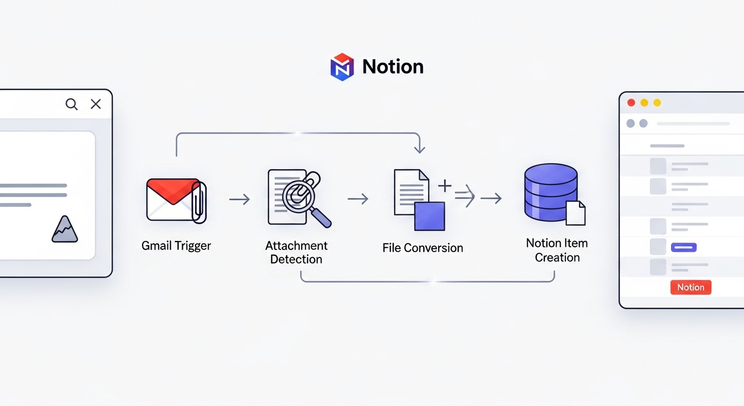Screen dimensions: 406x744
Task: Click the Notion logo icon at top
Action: (x=342, y=67)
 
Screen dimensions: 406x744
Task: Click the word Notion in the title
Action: (x=393, y=67)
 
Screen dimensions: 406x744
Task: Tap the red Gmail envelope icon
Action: (x=173, y=199)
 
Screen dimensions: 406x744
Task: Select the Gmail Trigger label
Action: (x=176, y=246)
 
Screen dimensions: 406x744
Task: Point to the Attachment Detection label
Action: (x=296, y=253)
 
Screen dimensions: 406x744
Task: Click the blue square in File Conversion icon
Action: (x=429, y=216)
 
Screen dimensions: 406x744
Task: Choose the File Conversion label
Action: (x=422, y=248)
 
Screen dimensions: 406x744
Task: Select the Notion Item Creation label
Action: (x=557, y=250)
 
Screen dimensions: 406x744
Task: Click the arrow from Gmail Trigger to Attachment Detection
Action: (x=239, y=199)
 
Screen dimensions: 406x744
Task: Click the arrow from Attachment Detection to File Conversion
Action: (x=358, y=199)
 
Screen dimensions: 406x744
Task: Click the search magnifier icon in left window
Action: (x=71, y=104)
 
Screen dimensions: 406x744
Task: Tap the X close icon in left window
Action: (x=96, y=104)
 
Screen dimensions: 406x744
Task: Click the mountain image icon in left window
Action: (x=64, y=229)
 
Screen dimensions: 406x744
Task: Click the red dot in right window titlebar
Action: (x=631, y=103)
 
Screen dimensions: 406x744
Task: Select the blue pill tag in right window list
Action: (x=683, y=247)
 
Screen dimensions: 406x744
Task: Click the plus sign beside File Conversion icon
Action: (x=445, y=186)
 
